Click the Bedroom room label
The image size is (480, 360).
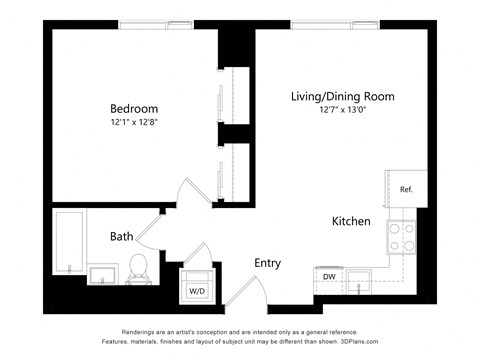pos(134,108)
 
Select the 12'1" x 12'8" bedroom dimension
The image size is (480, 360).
pos(134,122)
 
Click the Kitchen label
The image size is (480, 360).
pos(352,221)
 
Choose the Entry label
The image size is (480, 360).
pos(267,263)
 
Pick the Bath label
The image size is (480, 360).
pos(122,237)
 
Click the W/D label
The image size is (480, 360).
pos(196,291)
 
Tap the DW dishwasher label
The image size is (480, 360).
pos(329,277)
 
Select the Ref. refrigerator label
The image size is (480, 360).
pos(406,189)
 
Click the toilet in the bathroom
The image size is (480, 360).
pos(139,267)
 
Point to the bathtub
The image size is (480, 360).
pos(69,243)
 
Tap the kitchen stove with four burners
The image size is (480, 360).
pos(402,237)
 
